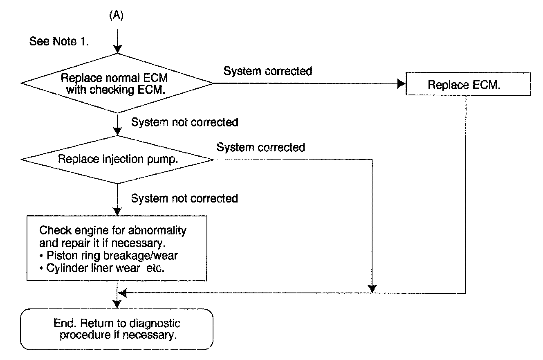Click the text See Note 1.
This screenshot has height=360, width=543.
tap(59, 42)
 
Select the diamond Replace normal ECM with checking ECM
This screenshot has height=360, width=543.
tap(117, 83)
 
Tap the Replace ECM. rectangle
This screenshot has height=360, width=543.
tap(468, 85)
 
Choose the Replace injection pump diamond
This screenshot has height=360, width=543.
tap(118, 159)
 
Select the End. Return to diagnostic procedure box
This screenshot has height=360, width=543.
tap(117, 329)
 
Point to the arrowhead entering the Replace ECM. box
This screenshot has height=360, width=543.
tap(401, 83)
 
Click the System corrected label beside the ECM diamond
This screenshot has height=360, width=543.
tap(268, 71)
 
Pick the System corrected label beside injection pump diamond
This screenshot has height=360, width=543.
tap(260, 147)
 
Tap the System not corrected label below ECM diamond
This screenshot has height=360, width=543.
tap(184, 122)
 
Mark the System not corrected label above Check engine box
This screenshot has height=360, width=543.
tap(184, 198)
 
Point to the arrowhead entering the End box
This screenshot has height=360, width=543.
tap(117, 305)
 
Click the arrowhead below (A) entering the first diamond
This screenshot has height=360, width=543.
tap(117, 49)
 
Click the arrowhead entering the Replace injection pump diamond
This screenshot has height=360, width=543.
tap(117, 132)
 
